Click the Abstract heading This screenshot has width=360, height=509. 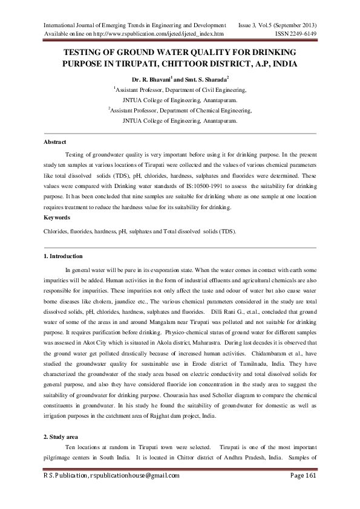coord(54,142)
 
